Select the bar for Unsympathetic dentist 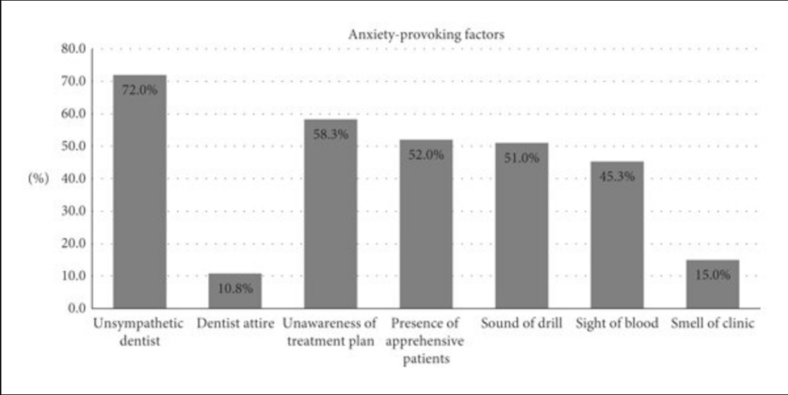pyautogui.click(x=139, y=200)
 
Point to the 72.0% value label pyautogui.click(x=139, y=89)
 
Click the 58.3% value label pyautogui.click(x=330, y=134)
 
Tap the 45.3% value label pyautogui.click(x=617, y=176)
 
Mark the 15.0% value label pyautogui.click(x=713, y=274)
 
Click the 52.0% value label pyautogui.click(x=426, y=154)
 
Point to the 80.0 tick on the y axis pyautogui.click(x=72, y=49)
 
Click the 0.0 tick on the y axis pyautogui.click(x=75, y=308)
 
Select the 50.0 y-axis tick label pyautogui.click(x=72, y=146)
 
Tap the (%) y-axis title pyautogui.click(x=38, y=178)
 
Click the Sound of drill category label pyautogui.click(x=522, y=323)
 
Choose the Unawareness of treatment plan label pyautogui.click(x=330, y=332)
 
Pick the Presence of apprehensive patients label pyautogui.click(x=426, y=340)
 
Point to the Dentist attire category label pyautogui.click(x=235, y=323)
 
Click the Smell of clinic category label pyautogui.click(x=713, y=323)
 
